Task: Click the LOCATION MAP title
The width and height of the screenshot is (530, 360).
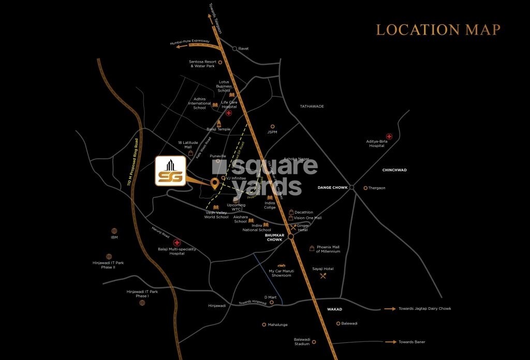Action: pos(438,29)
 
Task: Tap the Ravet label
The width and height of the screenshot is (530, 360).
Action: pos(243,49)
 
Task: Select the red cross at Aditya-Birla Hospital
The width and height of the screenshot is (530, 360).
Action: pos(389,137)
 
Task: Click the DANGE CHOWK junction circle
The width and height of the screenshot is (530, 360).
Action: pos(351,187)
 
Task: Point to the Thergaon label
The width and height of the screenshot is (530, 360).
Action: pos(377,188)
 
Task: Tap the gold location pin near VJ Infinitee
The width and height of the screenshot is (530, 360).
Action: pos(214,183)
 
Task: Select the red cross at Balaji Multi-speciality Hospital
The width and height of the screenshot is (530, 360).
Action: pos(176,243)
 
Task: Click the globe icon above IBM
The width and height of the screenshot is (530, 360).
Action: pos(114,231)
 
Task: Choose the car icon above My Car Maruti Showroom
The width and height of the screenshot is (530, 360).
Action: pos(282,265)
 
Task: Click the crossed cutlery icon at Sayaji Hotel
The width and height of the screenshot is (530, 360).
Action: pos(323,276)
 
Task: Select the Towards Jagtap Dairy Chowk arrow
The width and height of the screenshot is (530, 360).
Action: pos(390,309)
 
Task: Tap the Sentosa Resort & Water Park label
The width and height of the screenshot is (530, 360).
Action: pos(202,64)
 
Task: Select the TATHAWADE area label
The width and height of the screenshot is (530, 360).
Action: pos(312,106)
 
